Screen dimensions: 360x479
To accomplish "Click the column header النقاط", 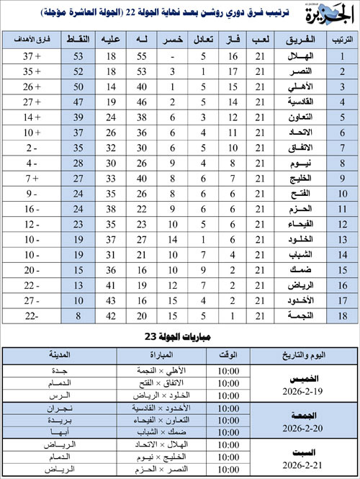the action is [77, 40].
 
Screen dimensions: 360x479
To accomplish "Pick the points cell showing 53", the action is [77, 56].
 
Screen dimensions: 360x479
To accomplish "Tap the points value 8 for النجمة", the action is [77, 314].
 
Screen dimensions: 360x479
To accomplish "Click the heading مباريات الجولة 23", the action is [179, 336].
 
